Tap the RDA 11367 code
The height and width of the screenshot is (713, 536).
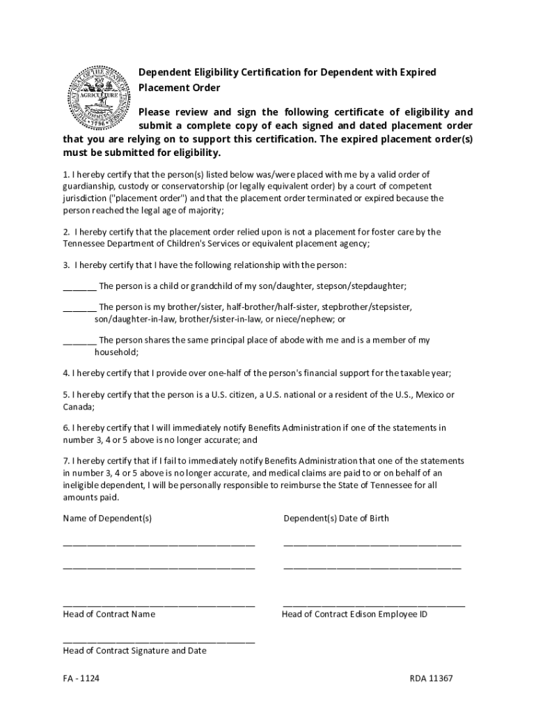431,678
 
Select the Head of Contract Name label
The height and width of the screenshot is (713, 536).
109,614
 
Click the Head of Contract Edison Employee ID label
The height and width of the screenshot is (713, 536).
354,614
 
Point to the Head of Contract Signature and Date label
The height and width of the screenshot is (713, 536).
134,650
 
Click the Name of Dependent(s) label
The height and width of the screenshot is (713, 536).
107,518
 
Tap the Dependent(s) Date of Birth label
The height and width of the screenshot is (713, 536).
336,518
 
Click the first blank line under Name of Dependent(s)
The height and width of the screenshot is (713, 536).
159,543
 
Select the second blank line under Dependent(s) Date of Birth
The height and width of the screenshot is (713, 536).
372,567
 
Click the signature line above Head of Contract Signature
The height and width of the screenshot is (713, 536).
159,641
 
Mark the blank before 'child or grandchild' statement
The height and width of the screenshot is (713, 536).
79,287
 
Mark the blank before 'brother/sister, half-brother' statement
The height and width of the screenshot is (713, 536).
79,307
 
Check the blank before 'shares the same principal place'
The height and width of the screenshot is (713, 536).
79,340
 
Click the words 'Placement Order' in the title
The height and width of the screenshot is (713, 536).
179,88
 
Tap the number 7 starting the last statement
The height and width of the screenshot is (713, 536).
65,461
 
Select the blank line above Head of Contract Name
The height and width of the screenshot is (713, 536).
159,604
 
